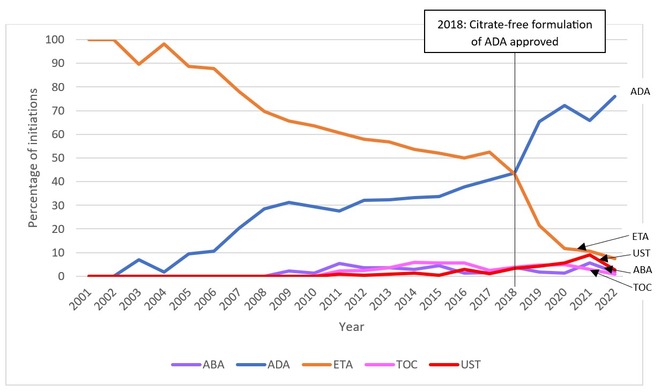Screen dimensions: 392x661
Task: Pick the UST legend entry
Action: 470,365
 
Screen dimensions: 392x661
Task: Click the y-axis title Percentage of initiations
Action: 33,158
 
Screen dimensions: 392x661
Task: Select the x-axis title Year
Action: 351,326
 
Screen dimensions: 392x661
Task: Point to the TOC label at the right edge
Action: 642,287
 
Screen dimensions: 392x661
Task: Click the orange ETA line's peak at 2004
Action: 164,44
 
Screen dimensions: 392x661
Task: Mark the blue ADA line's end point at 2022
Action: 614,96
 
